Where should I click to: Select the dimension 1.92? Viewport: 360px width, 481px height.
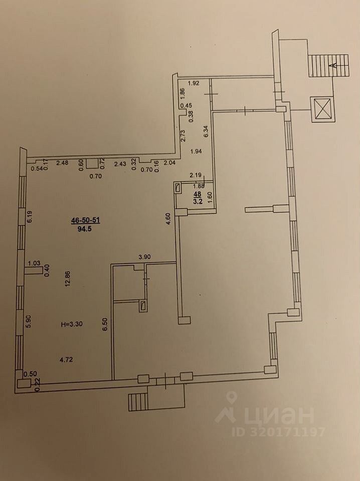pyautogui.click(x=194, y=83)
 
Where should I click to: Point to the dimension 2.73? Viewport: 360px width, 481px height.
pyautogui.click(x=184, y=136)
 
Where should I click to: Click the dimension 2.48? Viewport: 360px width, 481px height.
pyautogui.click(x=62, y=162)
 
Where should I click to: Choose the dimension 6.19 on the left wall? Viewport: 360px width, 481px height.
pyautogui.click(x=30, y=216)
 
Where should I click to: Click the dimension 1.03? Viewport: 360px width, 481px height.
pyautogui.click(x=34, y=263)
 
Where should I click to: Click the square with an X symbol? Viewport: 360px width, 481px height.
pyautogui.click(x=322, y=108)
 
